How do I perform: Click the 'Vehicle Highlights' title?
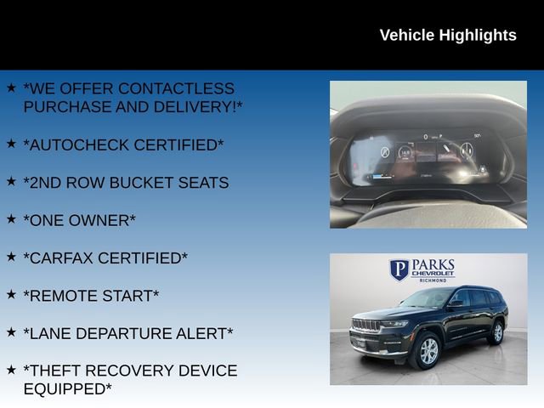[447, 35]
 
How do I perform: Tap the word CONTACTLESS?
[176, 88]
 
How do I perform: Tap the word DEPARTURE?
[123, 333]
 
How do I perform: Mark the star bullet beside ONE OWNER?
[11, 218]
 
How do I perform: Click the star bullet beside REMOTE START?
[11, 294]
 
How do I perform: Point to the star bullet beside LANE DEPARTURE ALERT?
[11, 331]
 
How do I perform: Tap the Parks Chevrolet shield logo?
[399, 270]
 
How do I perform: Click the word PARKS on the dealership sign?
[433, 265]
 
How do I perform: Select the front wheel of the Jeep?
[426, 351]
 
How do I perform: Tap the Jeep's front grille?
[367, 326]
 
